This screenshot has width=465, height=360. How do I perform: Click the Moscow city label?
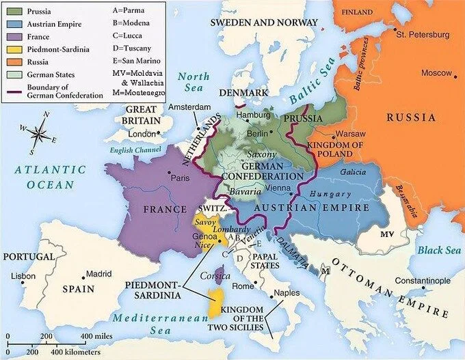[x=436, y=73]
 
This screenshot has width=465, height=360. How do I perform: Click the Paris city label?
[x=180, y=178]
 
